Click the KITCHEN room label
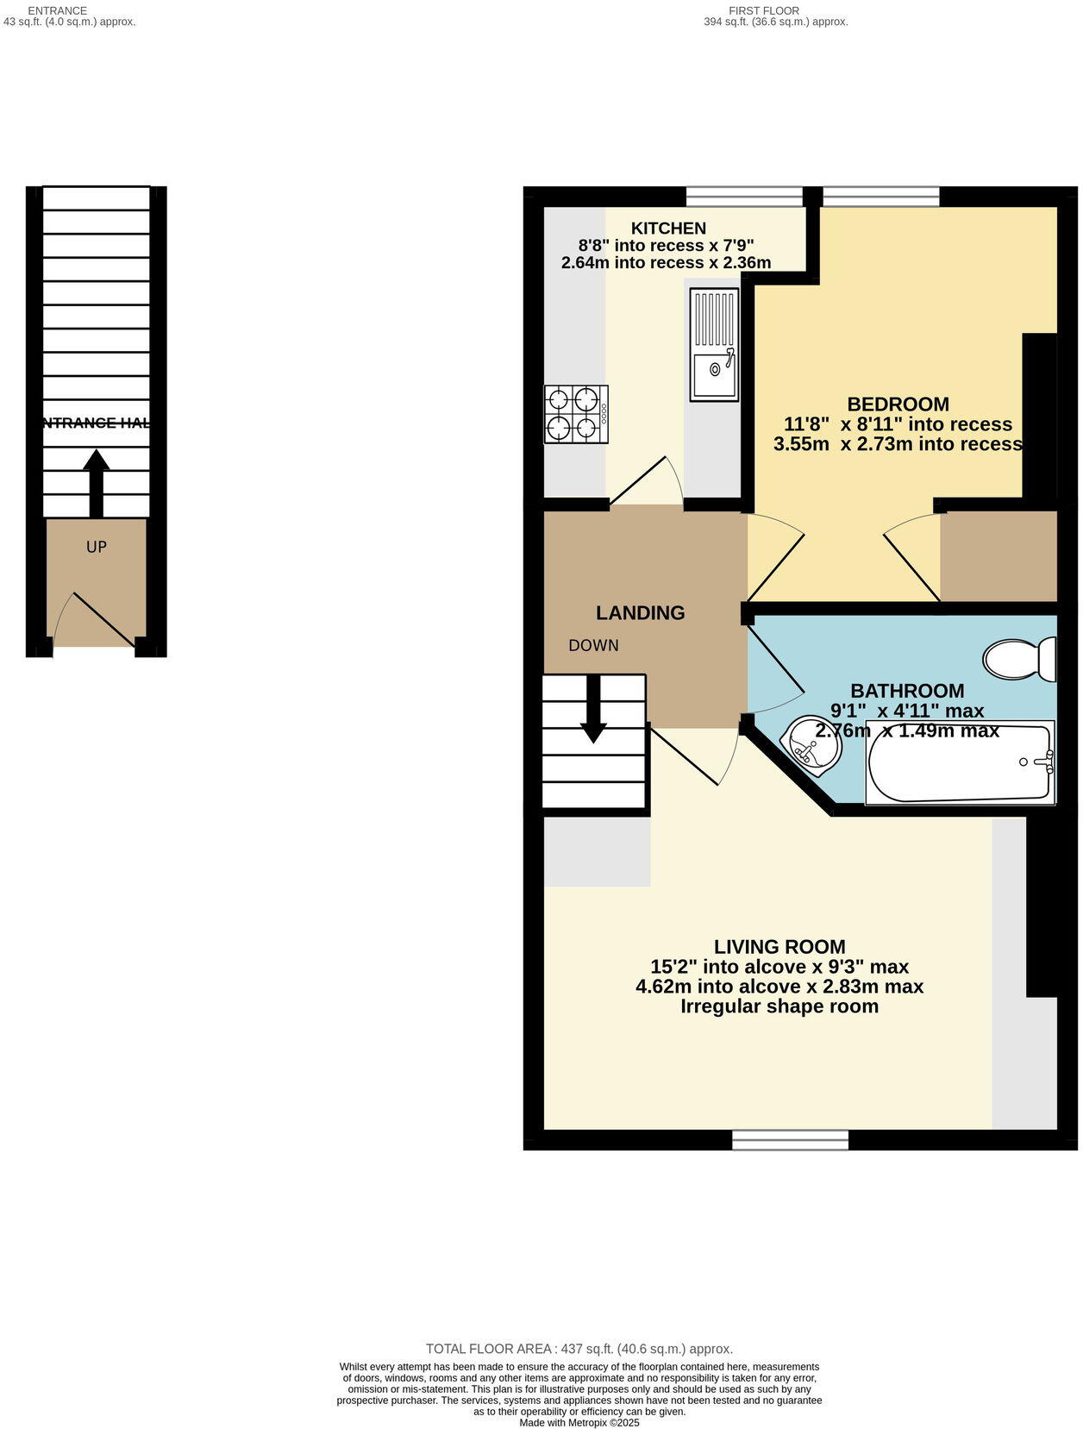(x=668, y=229)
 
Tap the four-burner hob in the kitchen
(x=575, y=415)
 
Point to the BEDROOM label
(x=898, y=404)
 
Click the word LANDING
(x=640, y=613)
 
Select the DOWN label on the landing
(x=593, y=646)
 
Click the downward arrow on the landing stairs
(x=592, y=709)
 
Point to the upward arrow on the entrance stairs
(x=96, y=481)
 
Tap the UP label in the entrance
(x=96, y=547)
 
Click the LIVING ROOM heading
(x=779, y=947)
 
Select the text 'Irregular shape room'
(x=779, y=1006)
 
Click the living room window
(x=790, y=1140)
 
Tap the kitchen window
(x=744, y=197)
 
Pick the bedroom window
(x=880, y=197)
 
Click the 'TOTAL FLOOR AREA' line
(x=579, y=1349)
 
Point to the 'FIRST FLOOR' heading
(x=763, y=10)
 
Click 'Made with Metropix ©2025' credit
(x=579, y=1422)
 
